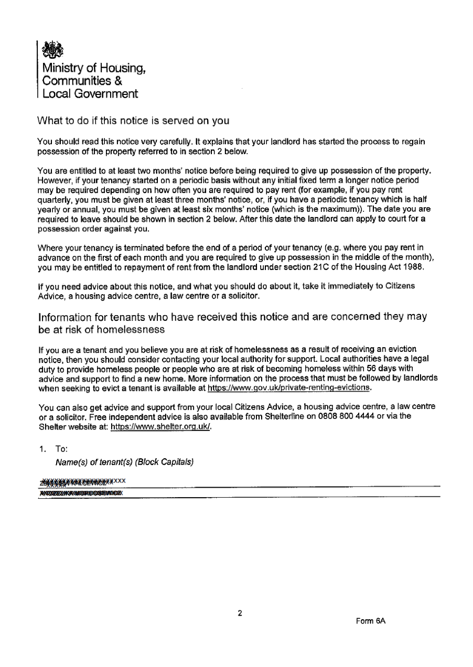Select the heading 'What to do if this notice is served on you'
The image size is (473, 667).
pos(134,121)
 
